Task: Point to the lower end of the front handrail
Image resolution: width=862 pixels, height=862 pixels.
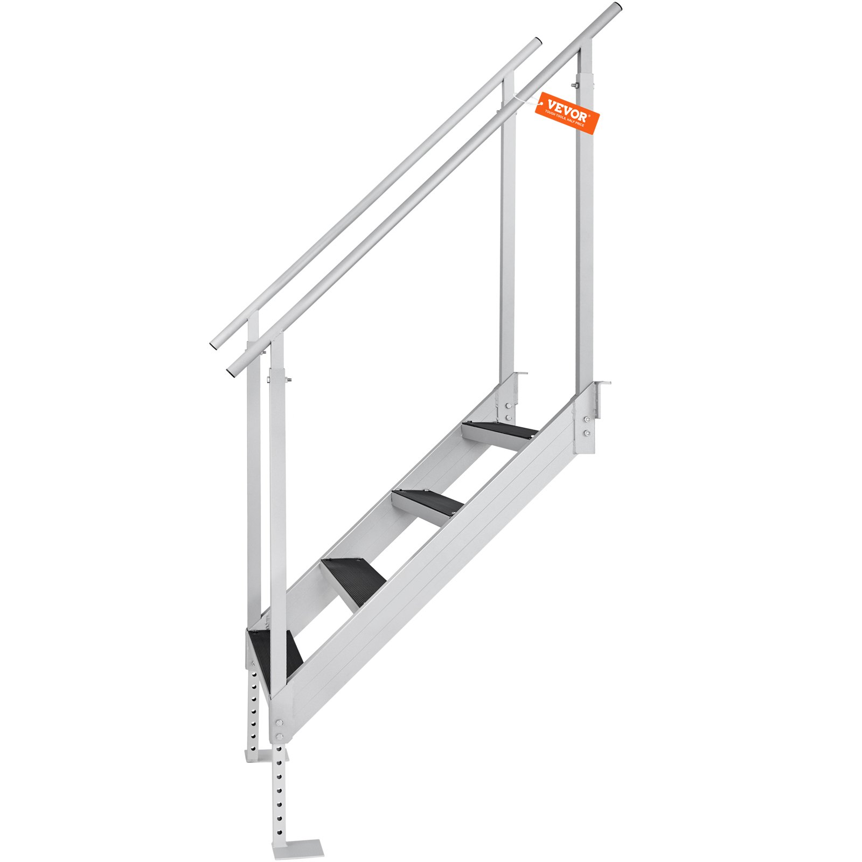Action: click(232, 372)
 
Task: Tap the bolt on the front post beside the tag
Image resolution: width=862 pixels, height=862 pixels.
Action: click(575, 85)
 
